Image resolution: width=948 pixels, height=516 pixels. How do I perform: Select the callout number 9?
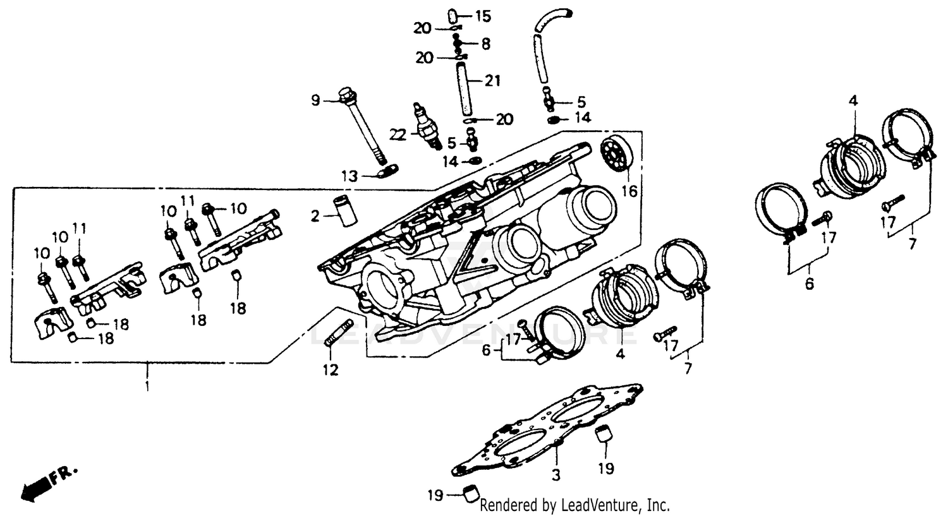point(316,100)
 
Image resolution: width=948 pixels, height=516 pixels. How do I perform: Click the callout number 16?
point(629,191)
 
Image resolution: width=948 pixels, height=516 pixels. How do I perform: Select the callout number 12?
point(331,369)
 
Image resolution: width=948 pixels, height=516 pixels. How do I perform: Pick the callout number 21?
point(493,80)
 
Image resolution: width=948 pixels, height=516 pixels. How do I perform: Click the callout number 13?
point(349,176)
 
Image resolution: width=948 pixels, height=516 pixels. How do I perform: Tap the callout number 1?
point(147,385)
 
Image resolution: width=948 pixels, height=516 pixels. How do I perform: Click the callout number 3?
point(556,475)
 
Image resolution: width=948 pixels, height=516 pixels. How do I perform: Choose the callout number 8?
point(485,44)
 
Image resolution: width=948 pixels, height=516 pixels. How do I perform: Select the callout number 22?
point(397,134)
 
